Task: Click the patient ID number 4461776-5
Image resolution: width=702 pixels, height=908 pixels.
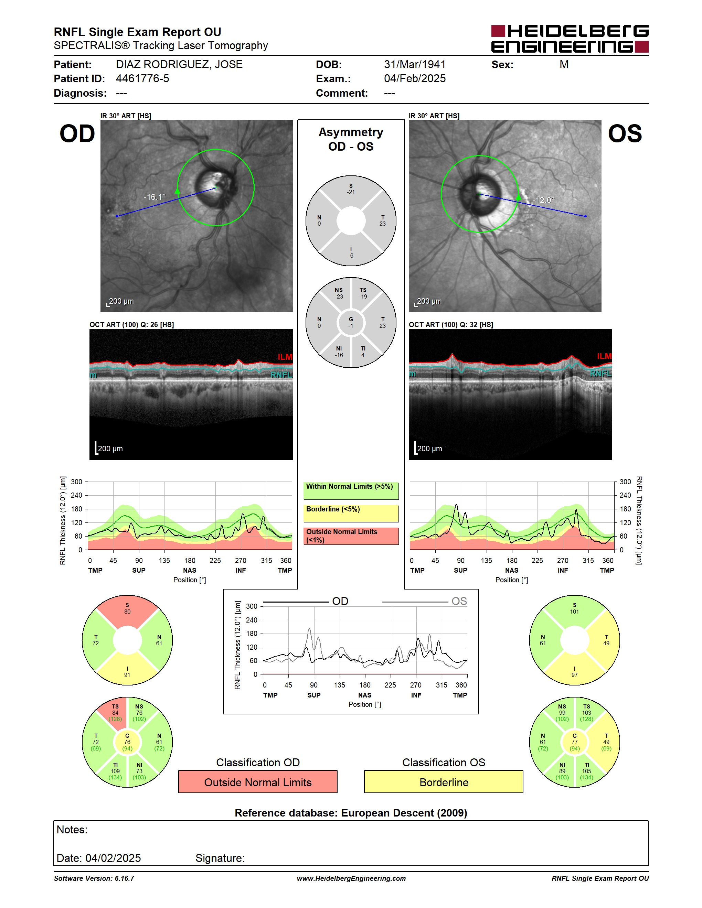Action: (142, 78)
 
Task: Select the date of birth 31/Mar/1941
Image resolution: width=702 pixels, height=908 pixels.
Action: (415, 64)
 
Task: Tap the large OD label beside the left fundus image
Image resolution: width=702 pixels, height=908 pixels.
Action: (77, 133)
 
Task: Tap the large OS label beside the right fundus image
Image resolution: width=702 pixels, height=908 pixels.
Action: (625, 133)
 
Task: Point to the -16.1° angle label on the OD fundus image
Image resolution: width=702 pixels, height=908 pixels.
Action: (154, 197)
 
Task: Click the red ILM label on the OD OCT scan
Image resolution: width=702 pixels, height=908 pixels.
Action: (285, 357)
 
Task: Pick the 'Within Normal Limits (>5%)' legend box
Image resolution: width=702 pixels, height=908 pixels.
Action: (351, 490)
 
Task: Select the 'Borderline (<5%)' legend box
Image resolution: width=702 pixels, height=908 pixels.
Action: (351, 514)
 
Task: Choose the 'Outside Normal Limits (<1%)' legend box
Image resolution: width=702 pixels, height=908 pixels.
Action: (351, 536)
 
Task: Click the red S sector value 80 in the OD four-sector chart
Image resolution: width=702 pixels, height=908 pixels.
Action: (127, 612)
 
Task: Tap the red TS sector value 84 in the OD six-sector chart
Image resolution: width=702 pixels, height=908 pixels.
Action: (115, 713)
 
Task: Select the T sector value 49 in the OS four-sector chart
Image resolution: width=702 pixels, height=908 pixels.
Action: (606, 643)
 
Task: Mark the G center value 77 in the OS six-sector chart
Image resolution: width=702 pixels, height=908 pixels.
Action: (574, 742)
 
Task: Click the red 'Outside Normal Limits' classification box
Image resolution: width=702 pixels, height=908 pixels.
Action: (258, 782)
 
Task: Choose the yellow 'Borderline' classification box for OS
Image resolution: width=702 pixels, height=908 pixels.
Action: (444, 782)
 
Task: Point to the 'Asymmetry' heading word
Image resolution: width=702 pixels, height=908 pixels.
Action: (351, 132)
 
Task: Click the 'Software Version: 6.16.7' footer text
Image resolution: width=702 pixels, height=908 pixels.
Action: (94, 878)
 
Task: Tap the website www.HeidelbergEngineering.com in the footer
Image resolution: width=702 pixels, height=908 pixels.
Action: (351, 878)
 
